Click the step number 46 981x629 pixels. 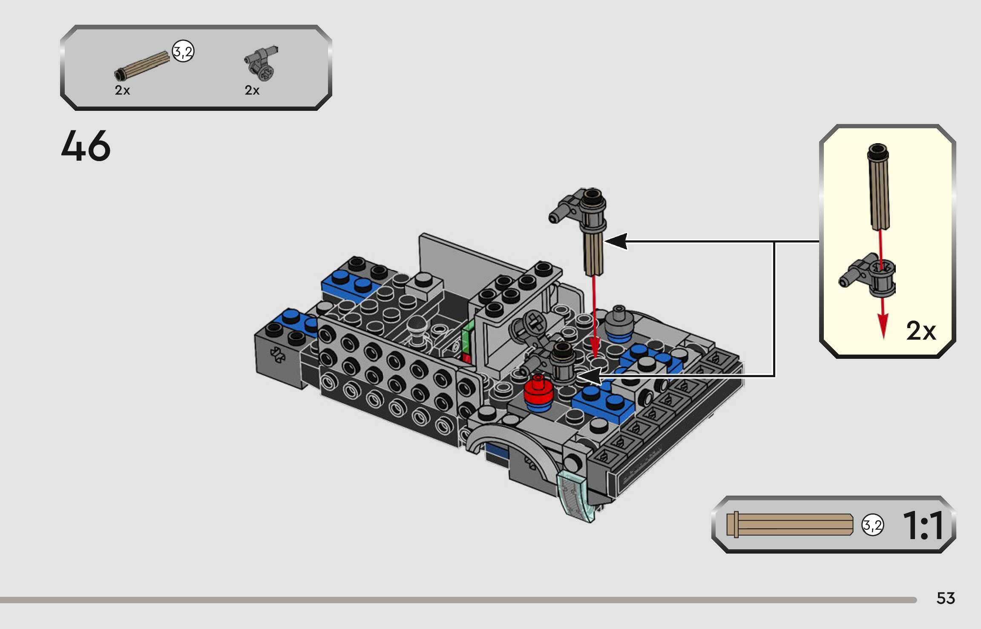click(86, 146)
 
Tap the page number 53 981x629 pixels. click(946, 598)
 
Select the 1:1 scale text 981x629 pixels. click(923, 525)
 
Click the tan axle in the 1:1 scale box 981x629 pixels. click(790, 525)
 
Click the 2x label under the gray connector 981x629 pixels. click(252, 90)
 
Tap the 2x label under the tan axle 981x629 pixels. click(122, 90)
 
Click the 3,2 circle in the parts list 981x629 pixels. click(183, 52)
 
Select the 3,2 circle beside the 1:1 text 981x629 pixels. click(872, 525)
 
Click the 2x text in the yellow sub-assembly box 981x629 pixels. click(921, 331)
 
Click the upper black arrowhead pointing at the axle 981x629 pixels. click(616, 241)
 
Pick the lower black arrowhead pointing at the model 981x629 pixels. click(589, 376)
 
